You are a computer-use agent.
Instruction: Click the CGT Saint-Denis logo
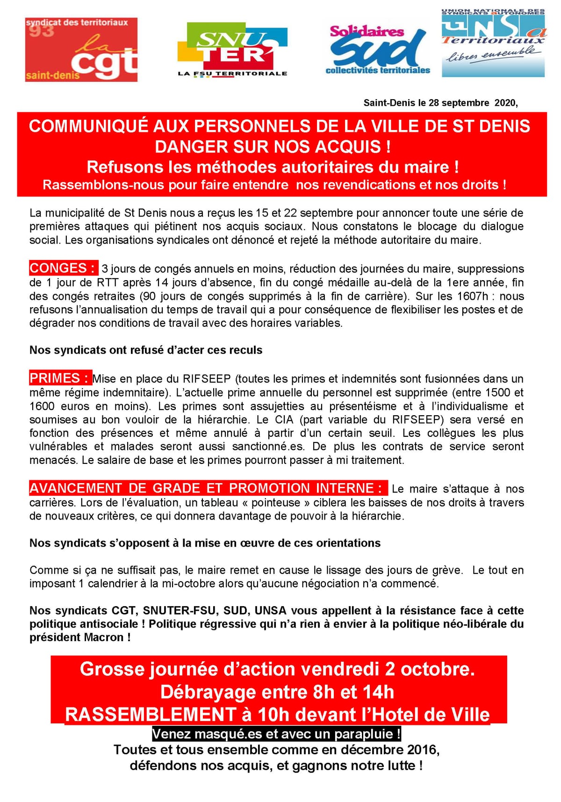81,50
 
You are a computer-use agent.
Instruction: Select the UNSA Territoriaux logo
493,43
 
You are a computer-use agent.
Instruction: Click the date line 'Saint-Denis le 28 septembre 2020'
440,103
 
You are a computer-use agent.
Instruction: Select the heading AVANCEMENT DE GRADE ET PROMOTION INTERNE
208,488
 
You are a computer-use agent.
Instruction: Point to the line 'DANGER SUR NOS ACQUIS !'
273,147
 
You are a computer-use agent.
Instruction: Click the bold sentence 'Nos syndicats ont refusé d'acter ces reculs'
146,350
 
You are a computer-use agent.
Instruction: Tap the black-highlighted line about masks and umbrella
276,734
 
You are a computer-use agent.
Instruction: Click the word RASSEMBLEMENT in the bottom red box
150,715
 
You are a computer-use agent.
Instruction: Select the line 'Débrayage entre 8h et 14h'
277,692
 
